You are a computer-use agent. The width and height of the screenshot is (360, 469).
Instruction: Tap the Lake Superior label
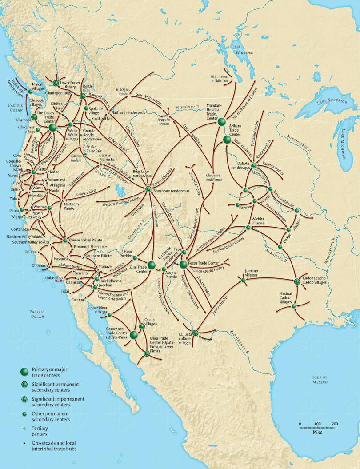click(x=331, y=102)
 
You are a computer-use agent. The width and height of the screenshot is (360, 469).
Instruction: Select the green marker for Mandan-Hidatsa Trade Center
click(x=222, y=121)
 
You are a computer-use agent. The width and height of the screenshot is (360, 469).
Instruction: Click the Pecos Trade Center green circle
click(x=183, y=265)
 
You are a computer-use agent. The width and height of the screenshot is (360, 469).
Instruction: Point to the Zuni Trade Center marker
click(x=152, y=265)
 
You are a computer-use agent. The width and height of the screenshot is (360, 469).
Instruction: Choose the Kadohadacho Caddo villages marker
click(x=297, y=281)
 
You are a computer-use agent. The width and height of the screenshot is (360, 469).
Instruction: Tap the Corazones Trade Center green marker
click(x=133, y=334)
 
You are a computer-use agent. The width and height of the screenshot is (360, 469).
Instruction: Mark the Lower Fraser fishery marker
click(x=56, y=83)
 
